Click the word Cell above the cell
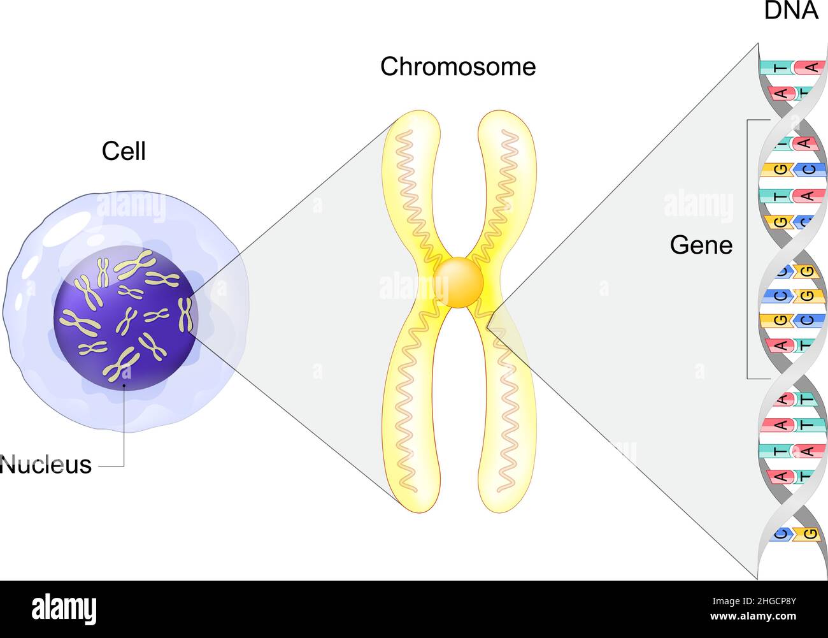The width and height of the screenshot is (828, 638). (124, 151)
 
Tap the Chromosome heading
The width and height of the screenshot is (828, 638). (458, 67)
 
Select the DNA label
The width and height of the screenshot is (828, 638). (790, 11)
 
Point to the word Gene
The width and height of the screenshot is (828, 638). (701, 245)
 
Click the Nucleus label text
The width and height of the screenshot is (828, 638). (46, 465)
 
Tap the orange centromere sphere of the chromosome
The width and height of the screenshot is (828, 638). (459, 282)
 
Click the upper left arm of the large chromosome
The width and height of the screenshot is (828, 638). (408, 178)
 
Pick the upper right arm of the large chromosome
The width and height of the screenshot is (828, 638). (506, 178)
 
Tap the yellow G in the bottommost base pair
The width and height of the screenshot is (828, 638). (810, 533)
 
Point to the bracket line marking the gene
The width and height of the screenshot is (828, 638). (748, 249)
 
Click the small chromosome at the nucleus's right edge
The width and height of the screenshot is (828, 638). (185, 314)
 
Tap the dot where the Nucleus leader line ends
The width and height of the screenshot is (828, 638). (124, 386)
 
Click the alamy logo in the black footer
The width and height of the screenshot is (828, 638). (64, 609)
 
